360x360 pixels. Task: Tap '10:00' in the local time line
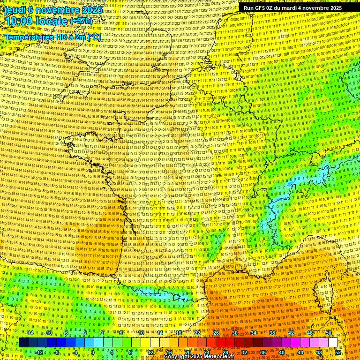coord(19,21)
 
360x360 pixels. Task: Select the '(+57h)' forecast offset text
coord(81,21)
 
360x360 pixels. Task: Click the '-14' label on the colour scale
coord(30,333)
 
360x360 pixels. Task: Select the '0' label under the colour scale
coord(93,352)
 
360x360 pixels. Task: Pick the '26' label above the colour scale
coord(216,333)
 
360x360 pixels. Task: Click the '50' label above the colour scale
coord(329,333)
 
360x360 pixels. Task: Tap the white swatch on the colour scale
coord(333,343)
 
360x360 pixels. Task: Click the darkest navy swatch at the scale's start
coord(23,343)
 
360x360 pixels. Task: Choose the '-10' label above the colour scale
coord(48,333)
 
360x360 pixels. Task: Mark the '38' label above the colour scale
coord(272,333)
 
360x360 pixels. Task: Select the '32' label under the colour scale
coord(244,352)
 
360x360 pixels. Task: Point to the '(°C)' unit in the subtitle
coord(93,37)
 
